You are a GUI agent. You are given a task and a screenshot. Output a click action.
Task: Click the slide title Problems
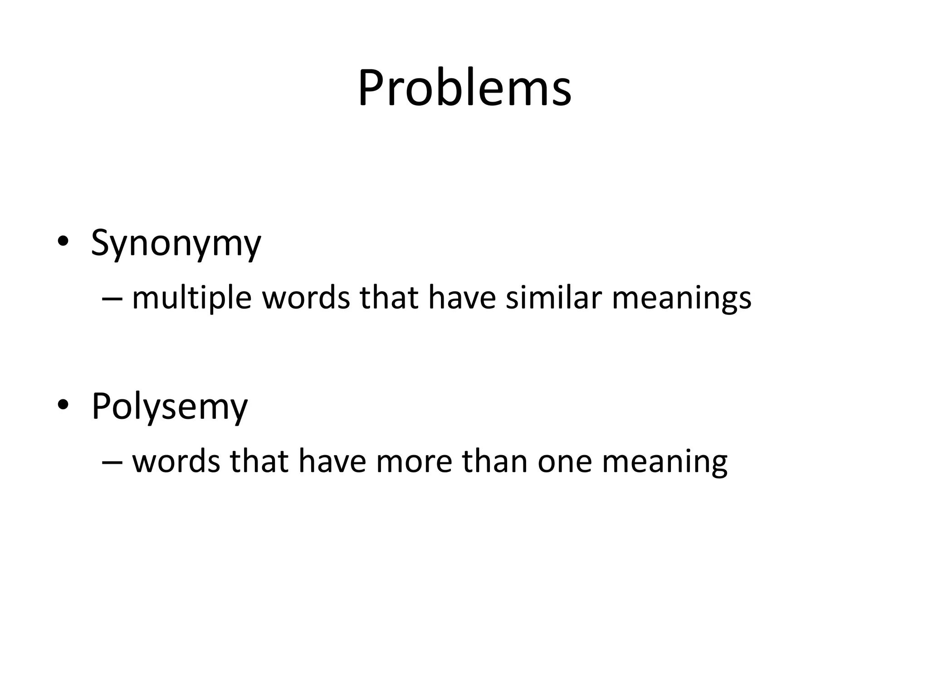[x=464, y=88]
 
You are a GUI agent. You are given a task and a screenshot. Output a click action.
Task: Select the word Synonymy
[x=176, y=243]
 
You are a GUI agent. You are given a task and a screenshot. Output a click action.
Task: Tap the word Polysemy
[x=169, y=407]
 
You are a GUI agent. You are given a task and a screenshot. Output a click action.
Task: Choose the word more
[x=414, y=462]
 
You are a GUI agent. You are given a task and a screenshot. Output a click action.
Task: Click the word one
[x=565, y=462]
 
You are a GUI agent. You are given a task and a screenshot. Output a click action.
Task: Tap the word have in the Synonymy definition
[x=462, y=298]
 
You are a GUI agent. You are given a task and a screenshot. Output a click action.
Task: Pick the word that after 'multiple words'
[x=389, y=298]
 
